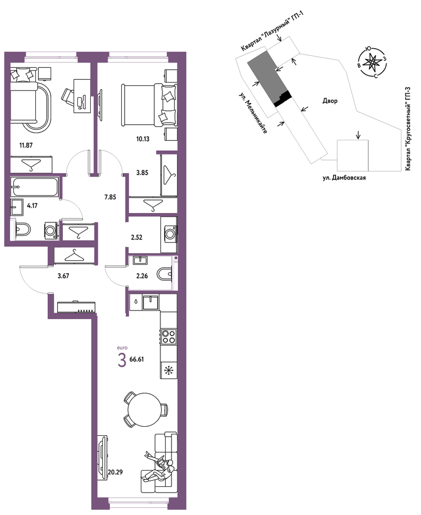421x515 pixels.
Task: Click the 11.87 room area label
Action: click(26, 145)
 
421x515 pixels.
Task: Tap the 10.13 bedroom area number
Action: click(143, 139)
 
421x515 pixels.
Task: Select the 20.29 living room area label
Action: click(115, 473)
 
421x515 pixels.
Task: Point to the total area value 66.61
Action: click(137, 359)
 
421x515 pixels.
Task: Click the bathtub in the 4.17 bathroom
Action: click(34, 187)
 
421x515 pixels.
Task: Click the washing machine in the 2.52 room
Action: click(170, 233)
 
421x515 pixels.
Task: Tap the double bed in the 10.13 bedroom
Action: click(150, 105)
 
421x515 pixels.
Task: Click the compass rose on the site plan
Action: click(371, 63)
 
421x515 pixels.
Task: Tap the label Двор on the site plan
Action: click(330, 101)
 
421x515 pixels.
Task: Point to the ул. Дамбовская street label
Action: click(344, 178)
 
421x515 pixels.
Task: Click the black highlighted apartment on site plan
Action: click(283, 99)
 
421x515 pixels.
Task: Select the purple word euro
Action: click(122, 347)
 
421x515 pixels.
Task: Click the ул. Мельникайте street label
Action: click(253, 113)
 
